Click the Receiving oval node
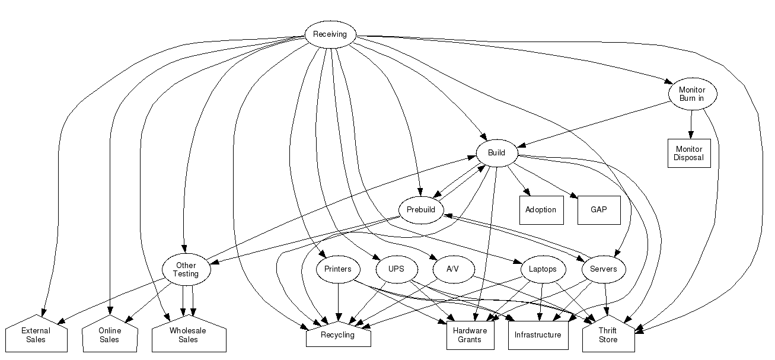(x=330, y=34)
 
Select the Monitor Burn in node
(x=691, y=94)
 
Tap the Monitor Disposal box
(x=688, y=153)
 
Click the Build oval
(x=496, y=153)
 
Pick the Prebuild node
(x=421, y=210)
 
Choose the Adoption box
(x=541, y=210)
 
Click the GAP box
(x=599, y=210)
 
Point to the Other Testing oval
(x=186, y=269)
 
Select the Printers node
(x=338, y=269)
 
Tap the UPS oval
(x=396, y=269)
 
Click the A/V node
(x=452, y=269)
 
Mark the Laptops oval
(x=543, y=269)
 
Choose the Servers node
(x=604, y=269)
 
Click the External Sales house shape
(x=36, y=336)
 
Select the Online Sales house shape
(x=110, y=336)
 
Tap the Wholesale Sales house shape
(x=188, y=336)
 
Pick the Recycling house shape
(x=338, y=335)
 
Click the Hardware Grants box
(x=470, y=336)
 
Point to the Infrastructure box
(x=538, y=336)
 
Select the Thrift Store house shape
(x=608, y=336)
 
